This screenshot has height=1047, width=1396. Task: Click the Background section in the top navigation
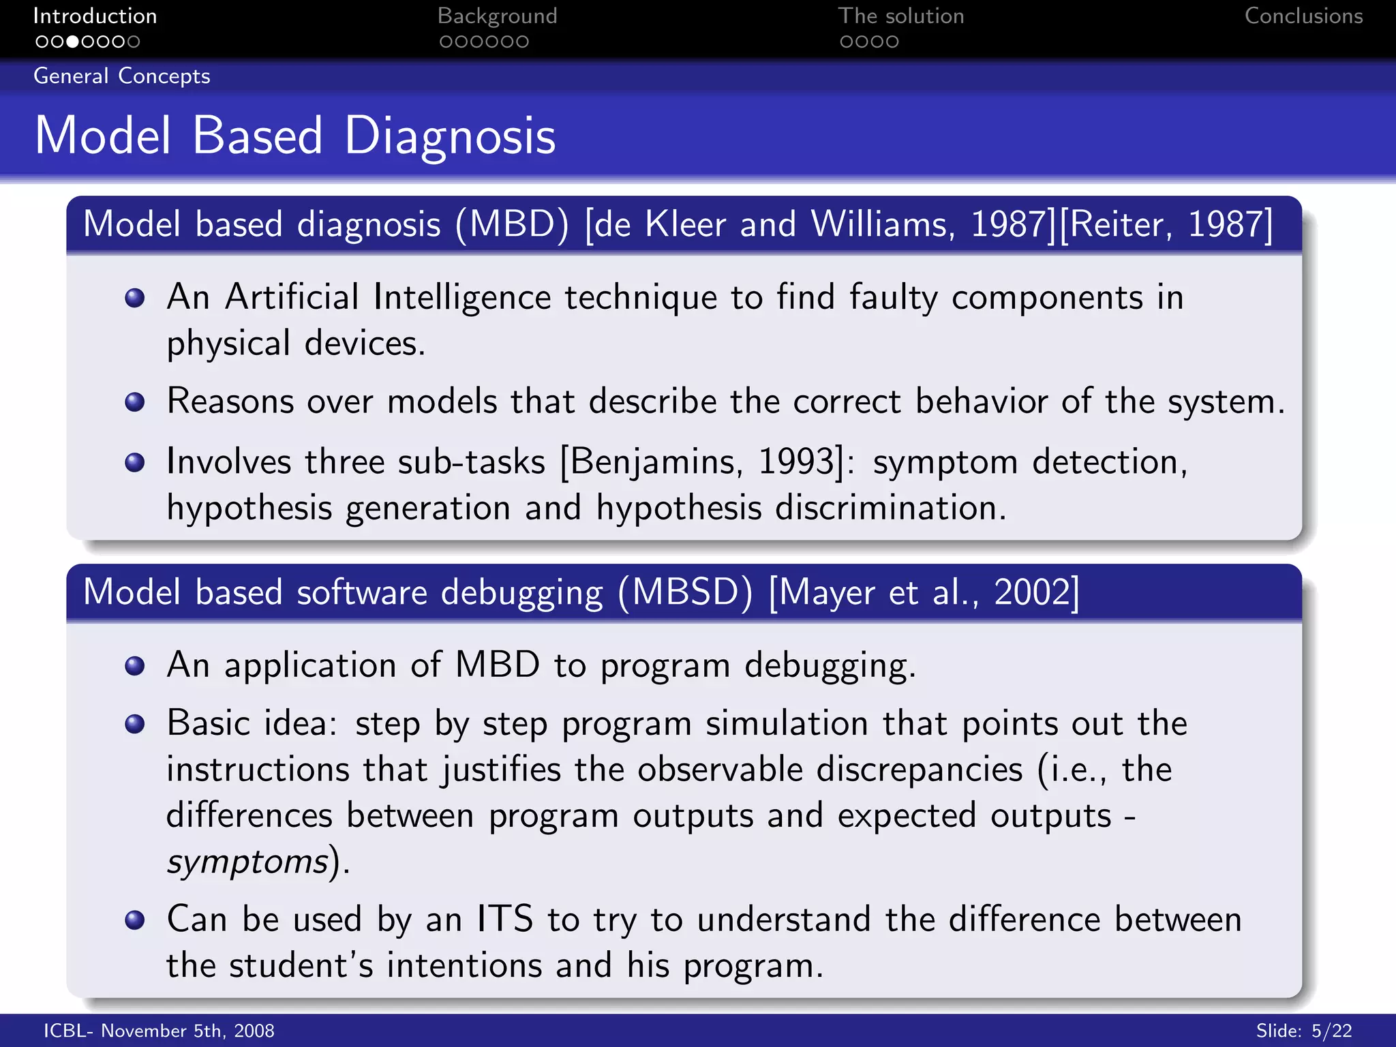(497, 16)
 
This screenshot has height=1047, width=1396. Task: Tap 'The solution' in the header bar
(900, 16)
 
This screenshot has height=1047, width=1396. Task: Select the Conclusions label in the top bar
(1303, 16)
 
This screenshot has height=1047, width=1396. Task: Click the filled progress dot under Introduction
(72, 42)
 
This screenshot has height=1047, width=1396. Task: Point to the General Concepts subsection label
(122, 76)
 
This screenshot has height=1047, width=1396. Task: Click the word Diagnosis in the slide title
(450, 136)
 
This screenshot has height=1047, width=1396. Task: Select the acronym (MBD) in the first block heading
(511, 224)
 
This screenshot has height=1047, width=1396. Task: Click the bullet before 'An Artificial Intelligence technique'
(135, 298)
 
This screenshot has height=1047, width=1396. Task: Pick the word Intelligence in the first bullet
(461, 298)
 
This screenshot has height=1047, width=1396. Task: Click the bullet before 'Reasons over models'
(135, 401)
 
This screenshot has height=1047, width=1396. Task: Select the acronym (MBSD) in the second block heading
(685, 592)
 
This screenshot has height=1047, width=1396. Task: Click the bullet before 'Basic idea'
(135, 724)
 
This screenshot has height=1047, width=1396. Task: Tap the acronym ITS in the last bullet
(504, 919)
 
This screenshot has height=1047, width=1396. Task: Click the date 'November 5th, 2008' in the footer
(187, 1031)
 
